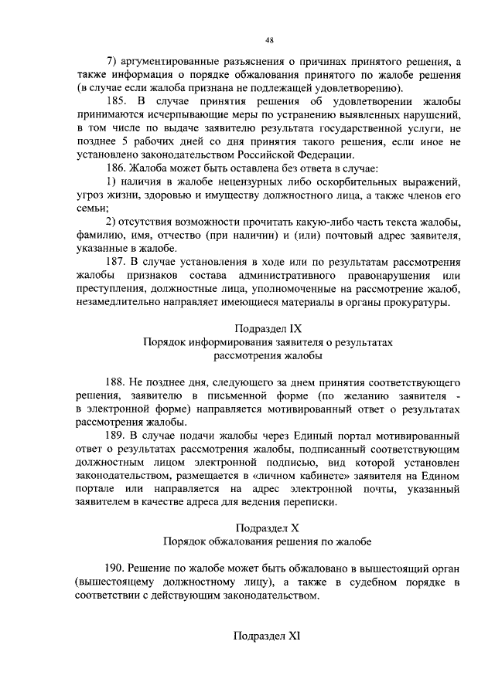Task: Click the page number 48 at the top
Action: (268, 39)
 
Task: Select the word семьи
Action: (91, 208)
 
